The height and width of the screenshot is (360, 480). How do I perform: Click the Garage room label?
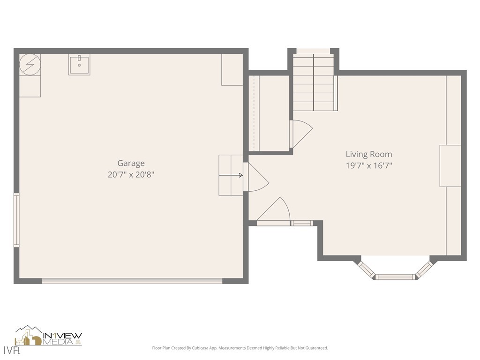point(131,163)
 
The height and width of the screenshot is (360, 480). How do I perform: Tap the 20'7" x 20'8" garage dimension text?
point(131,175)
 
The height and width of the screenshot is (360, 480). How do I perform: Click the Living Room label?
point(368,154)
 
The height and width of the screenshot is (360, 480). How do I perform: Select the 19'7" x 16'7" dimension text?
point(368,165)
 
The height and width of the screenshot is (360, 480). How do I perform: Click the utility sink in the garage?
point(79,65)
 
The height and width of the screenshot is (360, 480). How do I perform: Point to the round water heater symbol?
point(30,65)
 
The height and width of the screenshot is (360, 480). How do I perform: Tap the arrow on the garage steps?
point(232,175)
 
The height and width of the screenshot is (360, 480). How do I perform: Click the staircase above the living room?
point(313,82)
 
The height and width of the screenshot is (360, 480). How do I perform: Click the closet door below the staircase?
point(300,133)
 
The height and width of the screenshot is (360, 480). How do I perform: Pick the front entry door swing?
point(276,211)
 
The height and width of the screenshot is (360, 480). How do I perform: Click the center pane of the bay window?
point(396,277)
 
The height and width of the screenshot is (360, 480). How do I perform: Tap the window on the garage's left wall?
point(16,220)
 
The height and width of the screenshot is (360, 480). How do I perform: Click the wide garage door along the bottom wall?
point(132,281)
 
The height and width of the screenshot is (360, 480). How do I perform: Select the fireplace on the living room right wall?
point(450,166)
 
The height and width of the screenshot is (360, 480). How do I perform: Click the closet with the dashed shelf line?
point(270,112)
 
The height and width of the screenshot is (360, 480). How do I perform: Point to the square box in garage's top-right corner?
point(232,70)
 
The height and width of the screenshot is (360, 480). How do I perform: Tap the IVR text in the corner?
point(9,351)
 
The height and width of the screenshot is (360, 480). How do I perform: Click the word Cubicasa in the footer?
point(206,348)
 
